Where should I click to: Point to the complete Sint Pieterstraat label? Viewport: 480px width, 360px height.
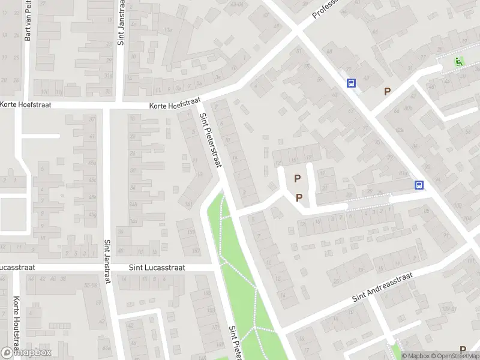(x=211, y=142)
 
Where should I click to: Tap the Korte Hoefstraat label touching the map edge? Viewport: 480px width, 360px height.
(x=25, y=104)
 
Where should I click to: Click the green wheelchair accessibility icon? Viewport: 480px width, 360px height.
(x=459, y=61)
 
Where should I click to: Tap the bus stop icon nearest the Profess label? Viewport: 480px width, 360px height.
(x=351, y=84)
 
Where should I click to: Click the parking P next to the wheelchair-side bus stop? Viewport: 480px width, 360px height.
(x=388, y=92)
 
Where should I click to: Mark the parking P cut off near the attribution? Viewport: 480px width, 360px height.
(x=463, y=349)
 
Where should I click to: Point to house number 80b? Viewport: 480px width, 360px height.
(x=409, y=108)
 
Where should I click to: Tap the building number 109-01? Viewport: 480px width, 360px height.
(x=445, y=309)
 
